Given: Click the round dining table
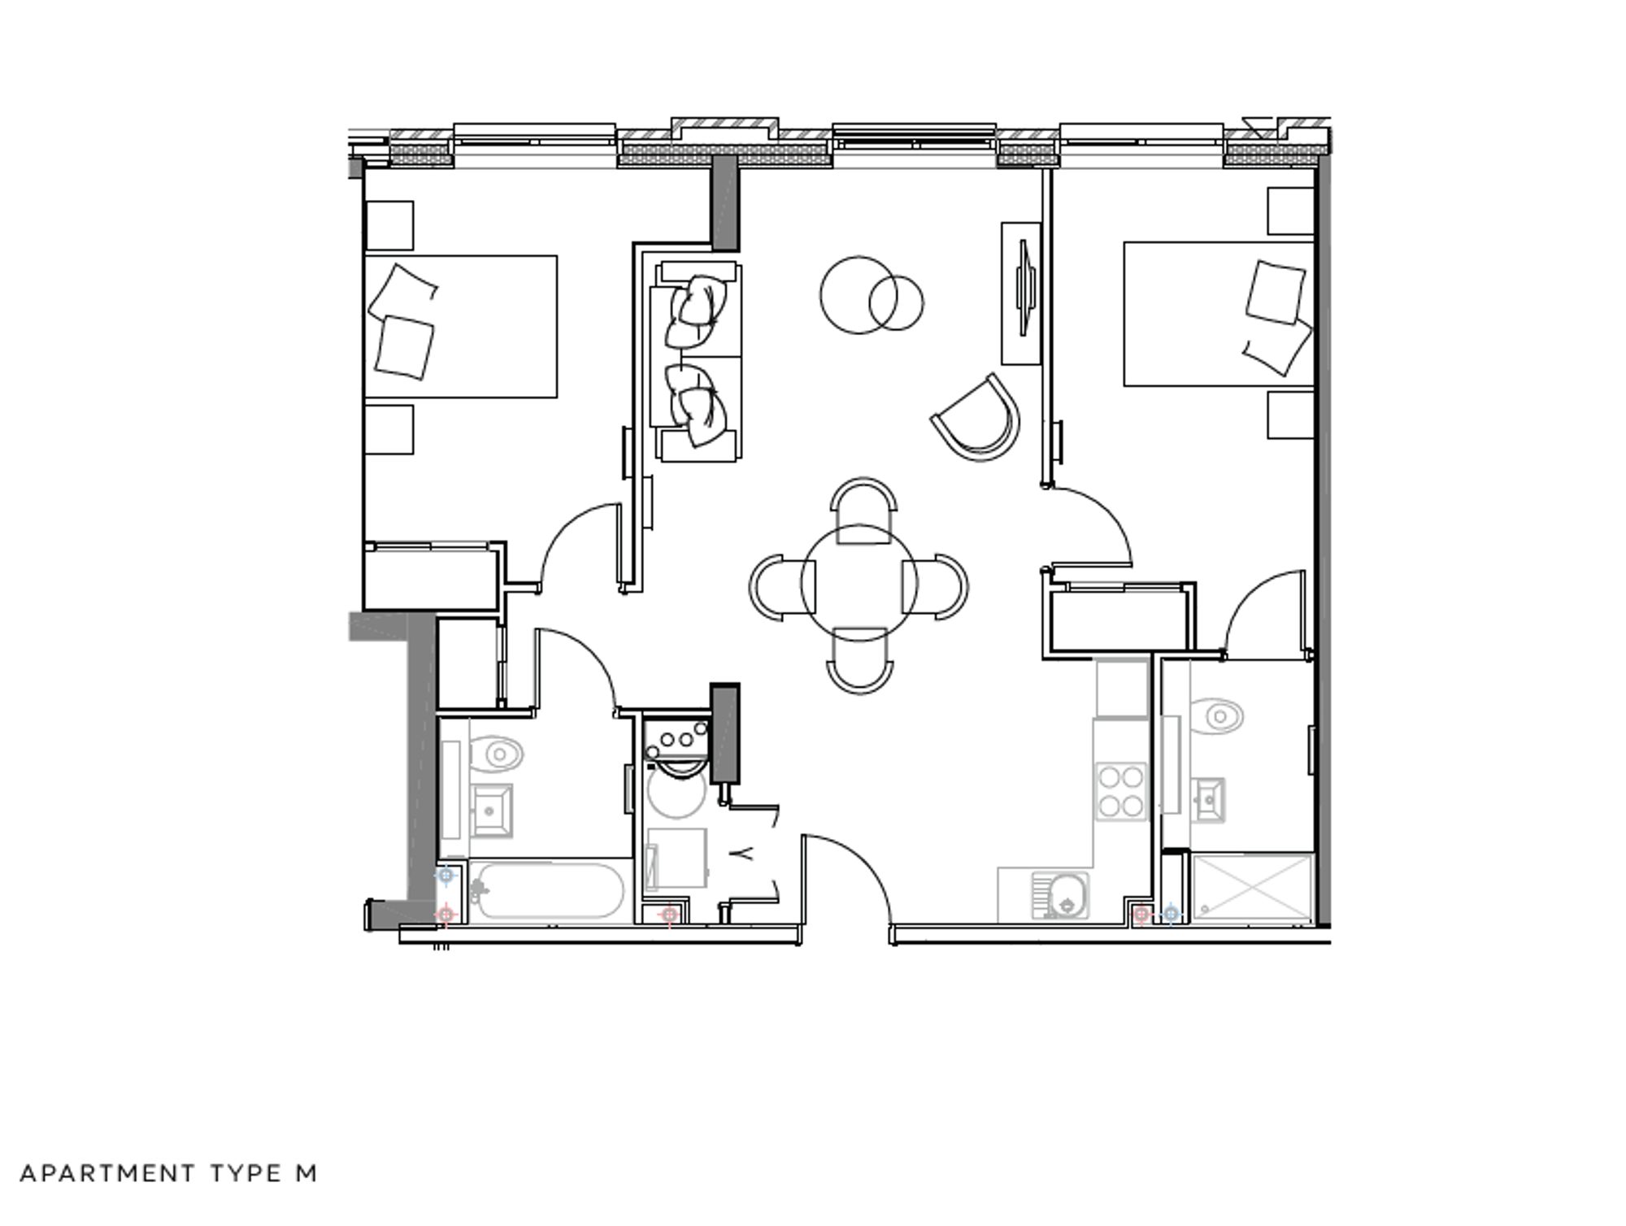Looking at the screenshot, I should tap(859, 582).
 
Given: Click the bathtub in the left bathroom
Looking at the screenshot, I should tap(548, 891).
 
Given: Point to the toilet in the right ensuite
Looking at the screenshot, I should tap(1219, 716).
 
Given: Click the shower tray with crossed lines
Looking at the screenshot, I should tap(1252, 887).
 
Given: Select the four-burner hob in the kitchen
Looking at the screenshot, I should tap(1121, 791).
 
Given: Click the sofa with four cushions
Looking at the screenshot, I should tap(697, 362).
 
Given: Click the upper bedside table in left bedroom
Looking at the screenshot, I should tap(390, 225).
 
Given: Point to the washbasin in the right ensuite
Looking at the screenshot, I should tap(1210, 800).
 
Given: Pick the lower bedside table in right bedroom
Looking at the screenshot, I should tap(1290, 415).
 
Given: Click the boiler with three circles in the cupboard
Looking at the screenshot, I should tap(676, 738).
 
